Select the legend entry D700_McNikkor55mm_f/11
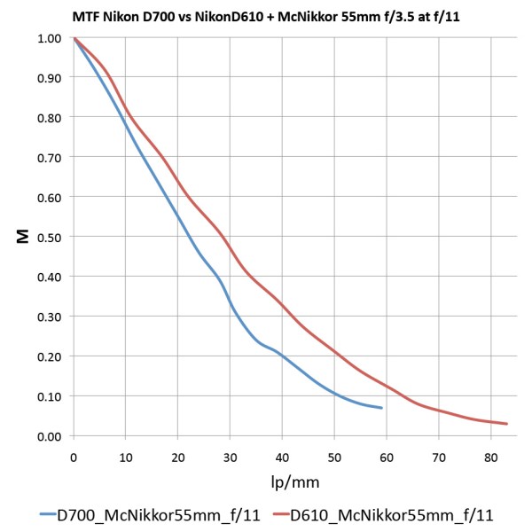[x=155, y=513]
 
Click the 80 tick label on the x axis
[x=489, y=458]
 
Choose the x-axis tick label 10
[x=125, y=458]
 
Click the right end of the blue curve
[x=381, y=408]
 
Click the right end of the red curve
[x=506, y=424]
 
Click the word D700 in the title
[x=161, y=15]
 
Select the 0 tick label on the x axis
[x=74, y=458]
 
